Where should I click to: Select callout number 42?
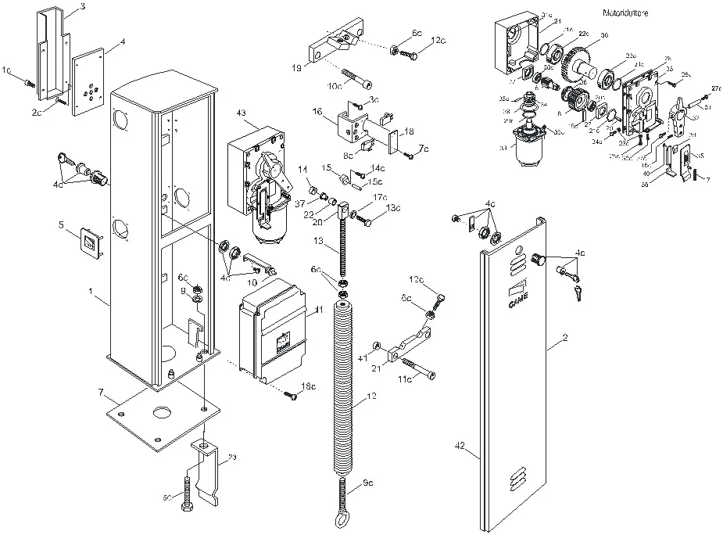pyautogui.click(x=460, y=445)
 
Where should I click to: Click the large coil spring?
pyautogui.click(x=348, y=383)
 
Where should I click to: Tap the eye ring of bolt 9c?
pyautogui.click(x=345, y=522)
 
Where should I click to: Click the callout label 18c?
pyautogui.click(x=308, y=386)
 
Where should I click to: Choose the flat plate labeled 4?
pyautogui.click(x=91, y=81)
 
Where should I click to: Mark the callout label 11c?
pyautogui.click(x=404, y=379)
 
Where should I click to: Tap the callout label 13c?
pyautogui.click(x=392, y=207)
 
